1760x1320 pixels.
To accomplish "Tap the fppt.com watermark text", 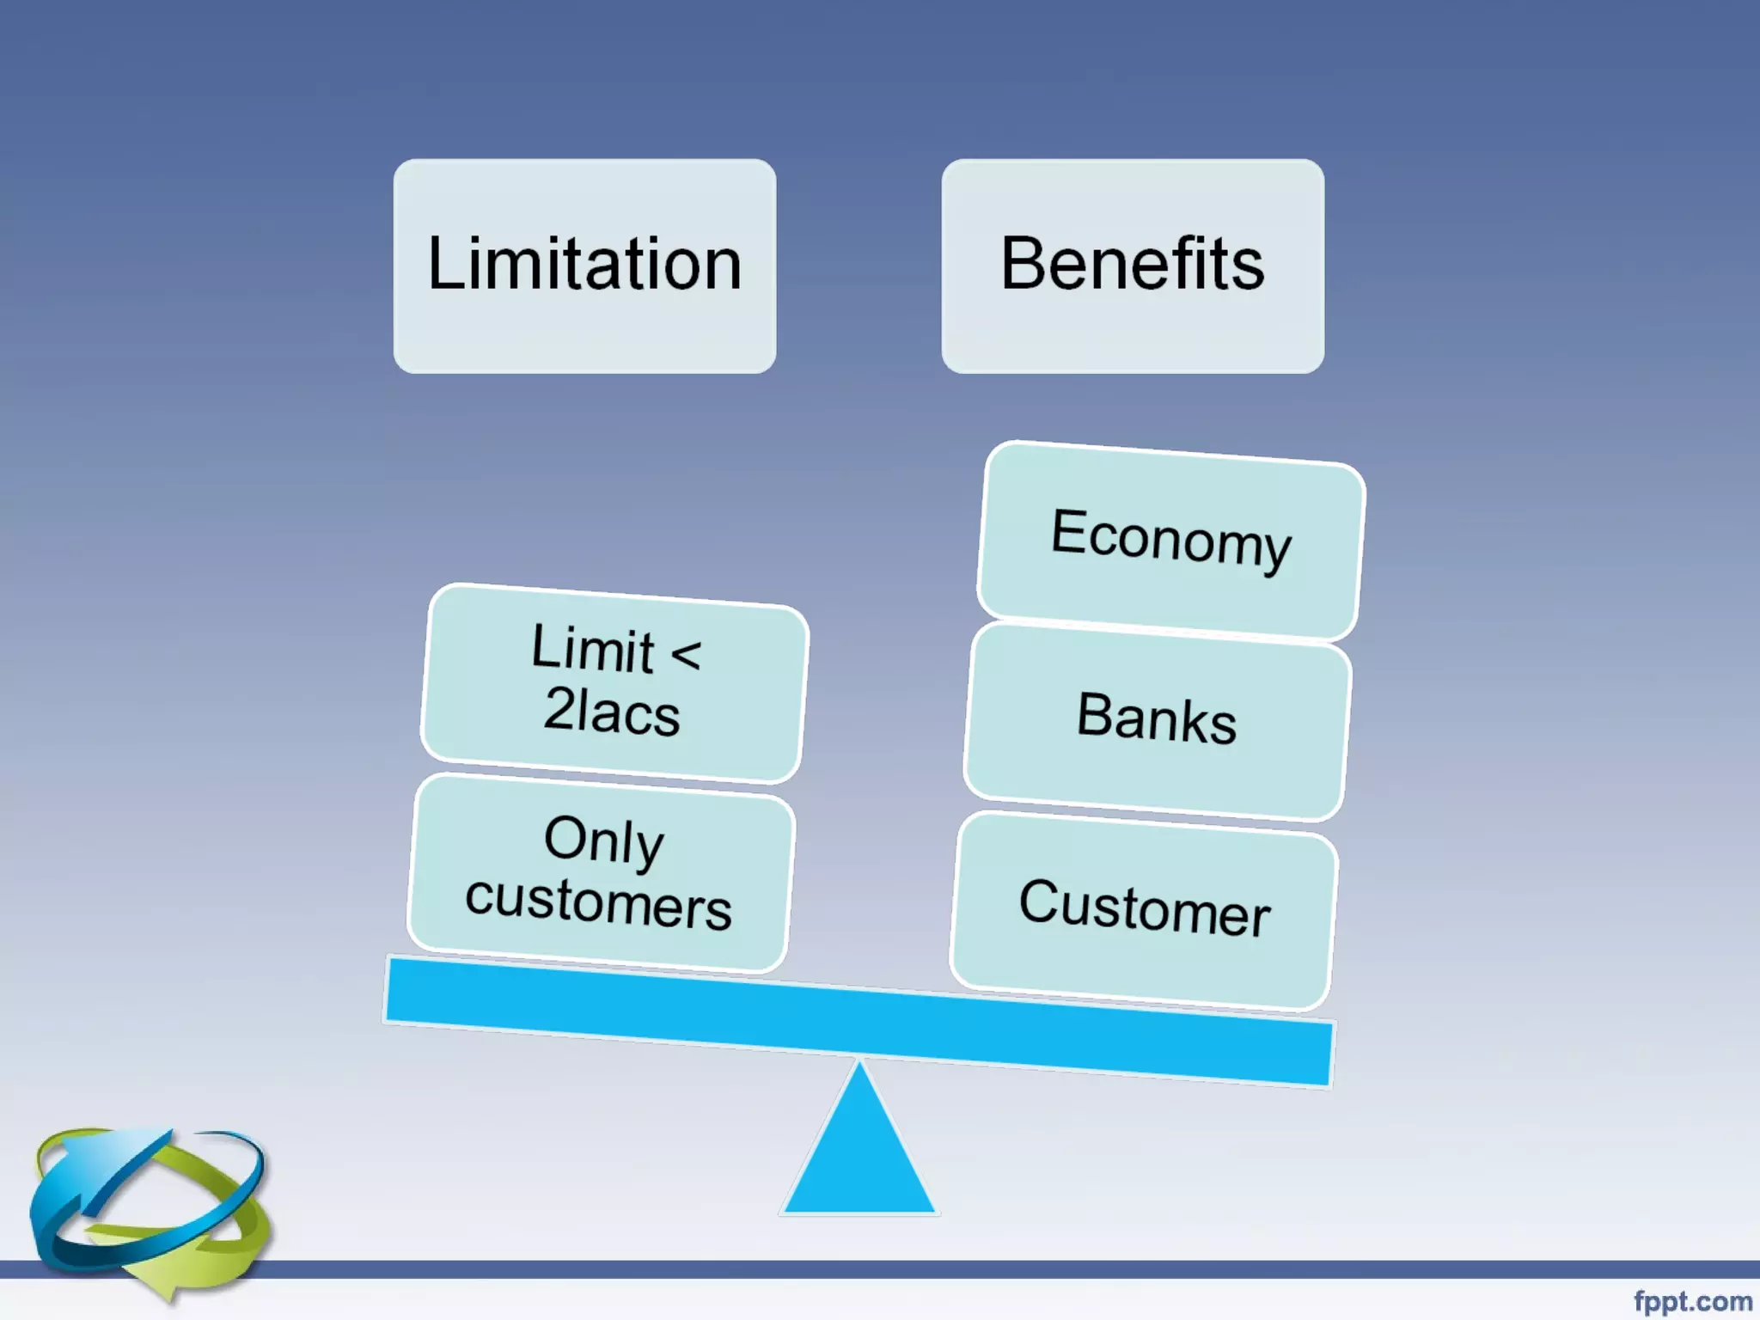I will [1692, 1301].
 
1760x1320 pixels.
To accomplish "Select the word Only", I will [604, 840].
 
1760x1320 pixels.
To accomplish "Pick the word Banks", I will [1157, 717].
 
